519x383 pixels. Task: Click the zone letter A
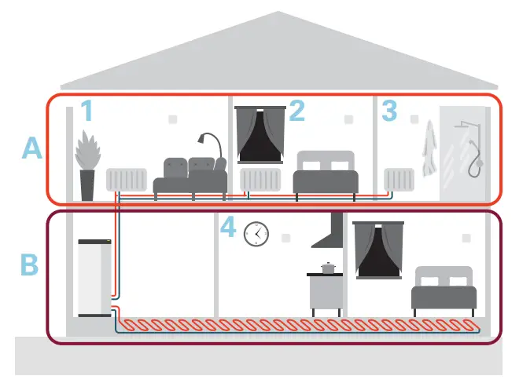pos(31,148)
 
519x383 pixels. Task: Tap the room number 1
pos(87,111)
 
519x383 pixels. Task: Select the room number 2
pos(296,111)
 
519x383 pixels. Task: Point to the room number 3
pos(388,111)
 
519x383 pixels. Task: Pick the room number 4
pos(227,228)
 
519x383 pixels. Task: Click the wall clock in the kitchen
pos(256,233)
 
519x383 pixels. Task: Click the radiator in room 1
pos(125,180)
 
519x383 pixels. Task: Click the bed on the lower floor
pos(444,289)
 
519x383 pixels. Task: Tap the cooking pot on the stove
pos(328,268)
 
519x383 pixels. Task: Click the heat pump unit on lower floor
pos(94,277)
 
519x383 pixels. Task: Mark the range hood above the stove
pos(330,228)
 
